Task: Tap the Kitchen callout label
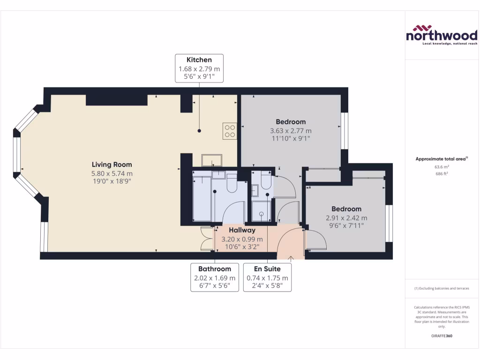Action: [x=199, y=68]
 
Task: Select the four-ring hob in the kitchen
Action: [x=230, y=131]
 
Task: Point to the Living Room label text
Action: [x=112, y=165]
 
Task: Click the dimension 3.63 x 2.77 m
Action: [x=291, y=131]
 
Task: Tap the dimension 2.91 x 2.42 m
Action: [x=346, y=218]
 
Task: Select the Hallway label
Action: [x=242, y=230]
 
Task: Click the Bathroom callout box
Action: [x=215, y=277]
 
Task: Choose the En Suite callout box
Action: [x=267, y=277]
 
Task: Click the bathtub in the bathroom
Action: [x=202, y=197]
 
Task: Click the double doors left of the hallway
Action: [x=205, y=239]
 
